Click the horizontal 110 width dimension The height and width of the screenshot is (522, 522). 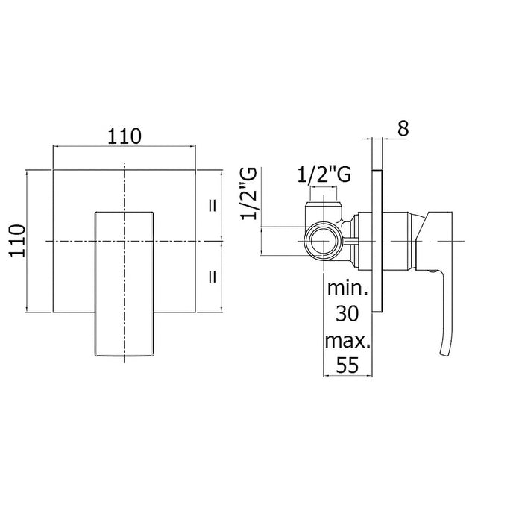(125, 136)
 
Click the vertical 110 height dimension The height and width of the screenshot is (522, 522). (17, 241)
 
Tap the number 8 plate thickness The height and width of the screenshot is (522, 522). (403, 128)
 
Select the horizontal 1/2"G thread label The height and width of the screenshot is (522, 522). (324, 174)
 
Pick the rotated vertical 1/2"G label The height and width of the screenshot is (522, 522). (249, 193)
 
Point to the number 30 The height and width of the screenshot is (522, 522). (348, 313)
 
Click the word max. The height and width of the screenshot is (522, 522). (348, 341)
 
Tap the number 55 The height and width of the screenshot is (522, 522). (348, 365)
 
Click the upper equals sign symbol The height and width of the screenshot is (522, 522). (213, 206)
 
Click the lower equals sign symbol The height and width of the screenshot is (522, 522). (213, 277)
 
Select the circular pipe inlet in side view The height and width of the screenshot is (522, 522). (324, 240)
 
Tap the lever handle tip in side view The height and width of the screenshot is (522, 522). (444, 353)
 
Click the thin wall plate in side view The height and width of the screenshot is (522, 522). (377, 241)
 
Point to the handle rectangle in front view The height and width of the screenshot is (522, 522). (125, 283)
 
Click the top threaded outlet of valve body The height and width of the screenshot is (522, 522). (324, 206)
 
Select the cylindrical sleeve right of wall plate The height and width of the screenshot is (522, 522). (397, 240)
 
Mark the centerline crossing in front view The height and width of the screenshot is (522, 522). (125, 241)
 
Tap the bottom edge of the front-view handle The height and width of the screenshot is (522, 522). (125, 356)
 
